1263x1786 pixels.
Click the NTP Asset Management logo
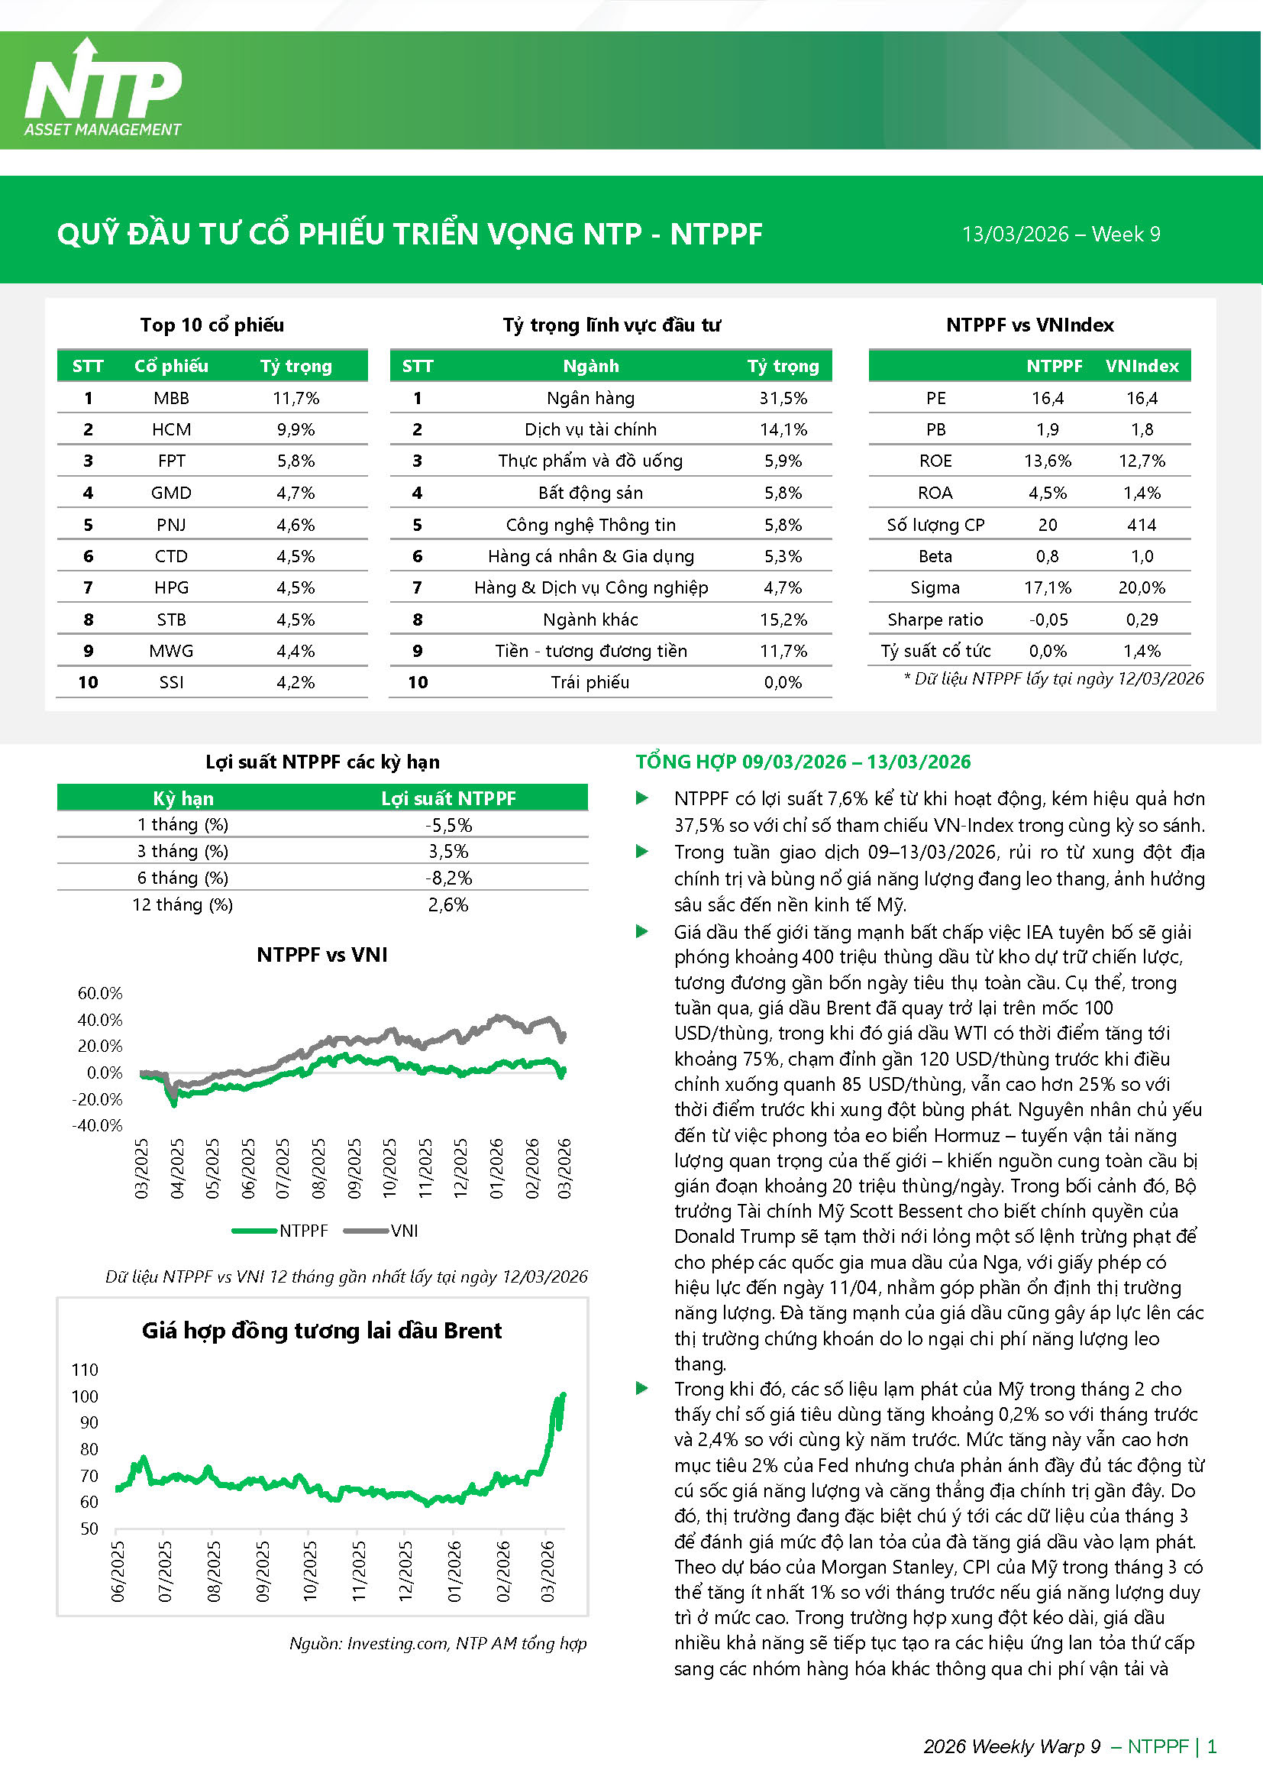coord(103,89)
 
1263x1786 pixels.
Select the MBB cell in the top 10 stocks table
coord(171,398)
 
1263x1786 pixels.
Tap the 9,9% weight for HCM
coord(296,429)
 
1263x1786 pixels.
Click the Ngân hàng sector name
coord(590,398)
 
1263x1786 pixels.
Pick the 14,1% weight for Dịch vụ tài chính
coord(783,429)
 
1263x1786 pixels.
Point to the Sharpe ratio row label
coord(935,620)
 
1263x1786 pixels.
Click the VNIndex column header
coord(1142,367)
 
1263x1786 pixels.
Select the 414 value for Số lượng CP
coord(1142,525)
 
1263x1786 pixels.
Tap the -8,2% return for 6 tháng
coord(449,878)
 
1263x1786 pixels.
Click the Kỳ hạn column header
coord(183,799)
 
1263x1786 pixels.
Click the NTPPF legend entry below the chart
coord(281,1231)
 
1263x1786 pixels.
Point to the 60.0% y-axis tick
coord(100,993)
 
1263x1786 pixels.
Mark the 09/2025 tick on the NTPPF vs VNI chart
coord(354,1167)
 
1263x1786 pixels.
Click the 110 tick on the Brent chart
coord(85,1370)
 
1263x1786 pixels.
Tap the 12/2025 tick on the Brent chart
coord(405,1570)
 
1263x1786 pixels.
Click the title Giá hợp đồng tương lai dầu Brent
coord(321,1331)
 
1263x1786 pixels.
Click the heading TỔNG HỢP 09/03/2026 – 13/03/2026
coord(803,762)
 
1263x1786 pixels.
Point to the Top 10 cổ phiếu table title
coord(212,325)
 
